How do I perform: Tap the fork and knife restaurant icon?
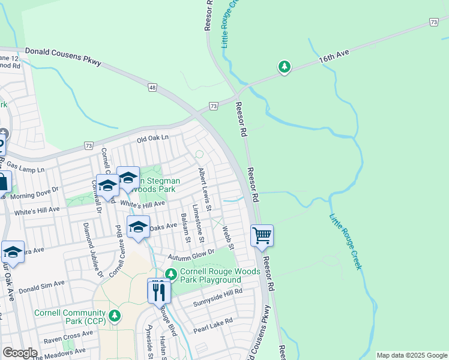[x=159, y=292]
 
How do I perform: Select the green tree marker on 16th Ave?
[x=285, y=67]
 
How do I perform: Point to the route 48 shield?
[x=153, y=88]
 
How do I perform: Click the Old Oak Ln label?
[x=152, y=139]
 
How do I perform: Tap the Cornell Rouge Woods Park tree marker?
[x=171, y=275]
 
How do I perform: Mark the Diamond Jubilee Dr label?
[x=94, y=250]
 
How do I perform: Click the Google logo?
[x=20, y=353]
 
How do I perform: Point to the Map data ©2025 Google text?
[x=411, y=355]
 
